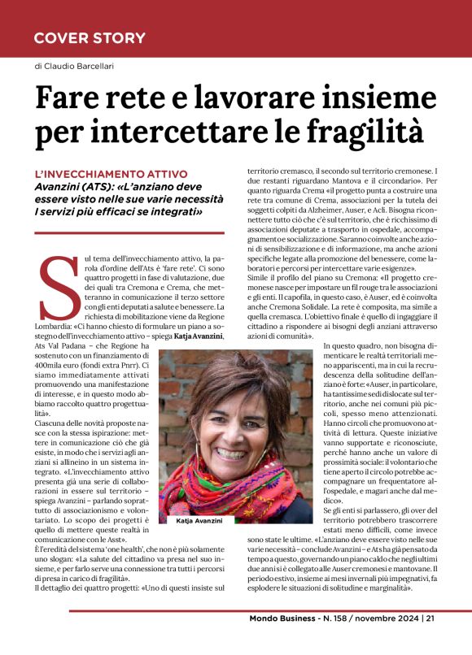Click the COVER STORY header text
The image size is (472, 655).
tap(90, 38)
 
